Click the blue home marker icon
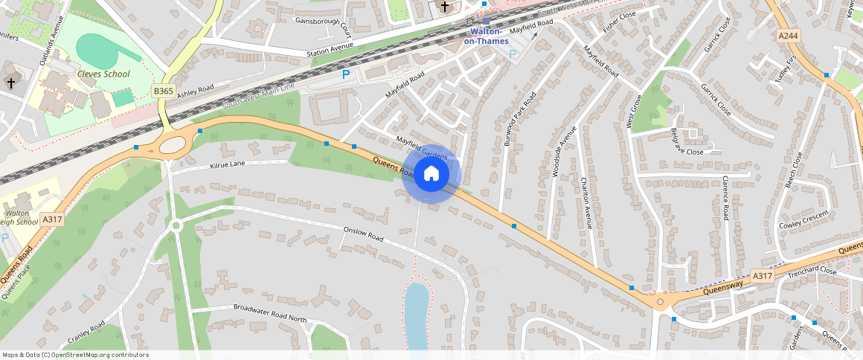click(431, 174)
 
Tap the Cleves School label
click(103, 74)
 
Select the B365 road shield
click(163, 91)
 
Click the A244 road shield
click(788, 36)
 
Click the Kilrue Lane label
click(228, 164)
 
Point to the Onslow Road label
click(363, 234)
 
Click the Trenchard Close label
click(812, 270)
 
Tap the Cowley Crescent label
click(803, 220)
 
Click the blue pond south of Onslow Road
click(416, 313)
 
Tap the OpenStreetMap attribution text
click(76, 355)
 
